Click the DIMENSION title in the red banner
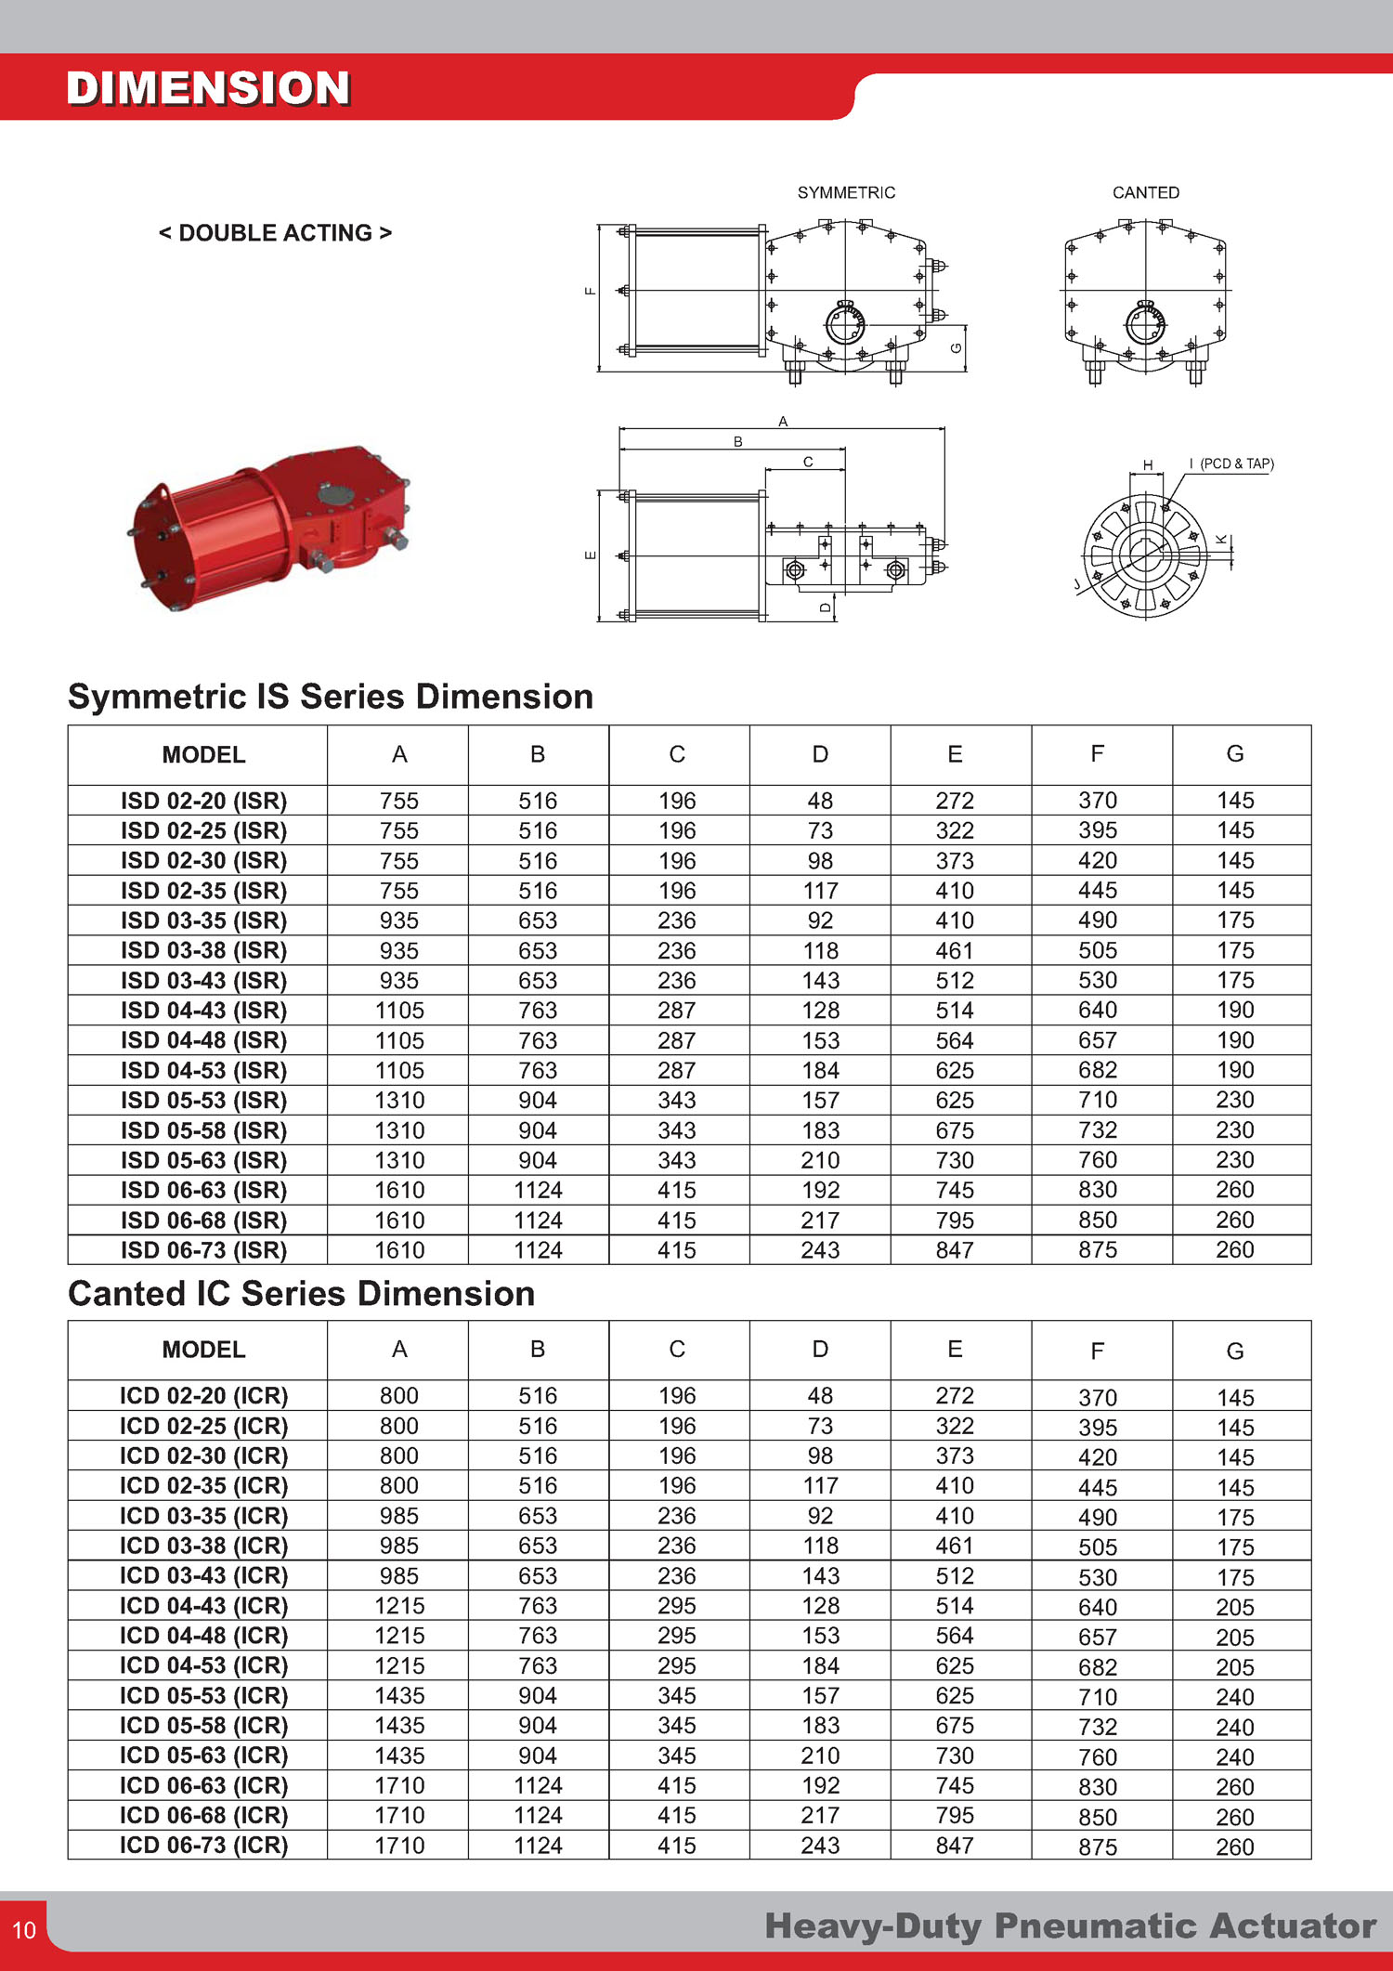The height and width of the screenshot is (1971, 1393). pos(208,89)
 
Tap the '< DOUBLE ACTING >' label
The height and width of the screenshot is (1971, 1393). pos(275,233)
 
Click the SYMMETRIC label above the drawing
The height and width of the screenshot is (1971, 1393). pos(846,193)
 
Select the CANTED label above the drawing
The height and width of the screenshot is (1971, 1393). pos(1146,193)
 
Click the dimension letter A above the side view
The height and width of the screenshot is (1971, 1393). pos(783,422)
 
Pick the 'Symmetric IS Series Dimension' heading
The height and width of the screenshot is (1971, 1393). pos(331,697)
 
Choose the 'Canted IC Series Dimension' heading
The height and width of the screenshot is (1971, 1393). pos(302,1294)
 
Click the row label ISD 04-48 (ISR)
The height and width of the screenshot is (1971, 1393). pos(203,1040)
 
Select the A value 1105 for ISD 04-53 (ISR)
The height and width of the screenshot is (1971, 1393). pos(399,1071)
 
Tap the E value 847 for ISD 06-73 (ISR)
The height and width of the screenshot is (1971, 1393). pos(955,1250)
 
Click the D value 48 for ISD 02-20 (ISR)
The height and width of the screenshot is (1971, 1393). pos(820,801)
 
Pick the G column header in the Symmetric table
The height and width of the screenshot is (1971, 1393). pos(1235,754)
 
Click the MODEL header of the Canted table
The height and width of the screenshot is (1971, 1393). pos(203,1350)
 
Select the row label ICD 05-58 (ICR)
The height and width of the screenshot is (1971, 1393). pos(203,1726)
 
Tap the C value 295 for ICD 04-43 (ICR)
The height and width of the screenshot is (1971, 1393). pos(677,1606)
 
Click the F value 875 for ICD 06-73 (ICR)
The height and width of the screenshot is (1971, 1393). pos(1098,1847)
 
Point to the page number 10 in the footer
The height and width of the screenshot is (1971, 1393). pos(24,1930)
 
